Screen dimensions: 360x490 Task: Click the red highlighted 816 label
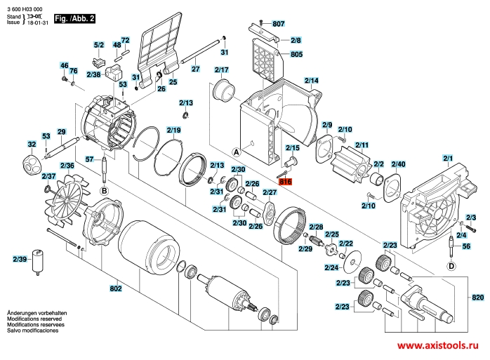point(285,181)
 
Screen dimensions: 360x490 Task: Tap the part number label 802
point(116,288)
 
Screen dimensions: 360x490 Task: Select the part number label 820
point(478,299)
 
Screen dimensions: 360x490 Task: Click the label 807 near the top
point(279,24)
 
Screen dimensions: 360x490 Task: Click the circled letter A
point(236,152)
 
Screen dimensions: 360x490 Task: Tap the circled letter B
point(104,190)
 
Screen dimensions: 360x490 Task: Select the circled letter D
point(451,266)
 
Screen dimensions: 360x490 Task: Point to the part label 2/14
point(311,81)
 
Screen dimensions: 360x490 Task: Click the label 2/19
point(173,130)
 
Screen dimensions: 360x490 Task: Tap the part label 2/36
point(67,166)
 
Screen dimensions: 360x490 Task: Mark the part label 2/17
point(223,70)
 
